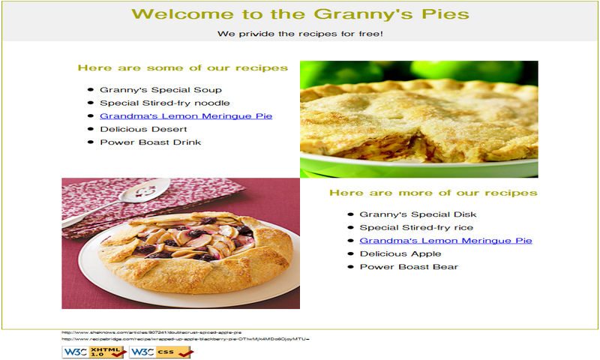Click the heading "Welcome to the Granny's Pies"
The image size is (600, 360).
pos(300,14)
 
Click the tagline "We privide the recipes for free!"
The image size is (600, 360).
pos(300,33)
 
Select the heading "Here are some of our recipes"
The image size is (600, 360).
pos(182,68)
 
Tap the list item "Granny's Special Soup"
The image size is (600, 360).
pos(150,90)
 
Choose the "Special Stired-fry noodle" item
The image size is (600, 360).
pos(164,103)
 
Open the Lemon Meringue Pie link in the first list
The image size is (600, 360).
pos(185,116)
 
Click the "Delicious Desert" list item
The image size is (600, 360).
pos(143,129)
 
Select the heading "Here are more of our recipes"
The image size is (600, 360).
pos(433,193)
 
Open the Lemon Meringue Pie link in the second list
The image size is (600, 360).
pos(445,241)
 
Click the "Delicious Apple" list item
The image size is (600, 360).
pos(400,253)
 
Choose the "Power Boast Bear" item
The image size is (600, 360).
pos(409,267)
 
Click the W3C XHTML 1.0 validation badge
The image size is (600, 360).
pos(94,351)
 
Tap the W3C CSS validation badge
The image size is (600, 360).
pos(161,351)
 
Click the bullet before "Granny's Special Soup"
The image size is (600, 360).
pos(91,90)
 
